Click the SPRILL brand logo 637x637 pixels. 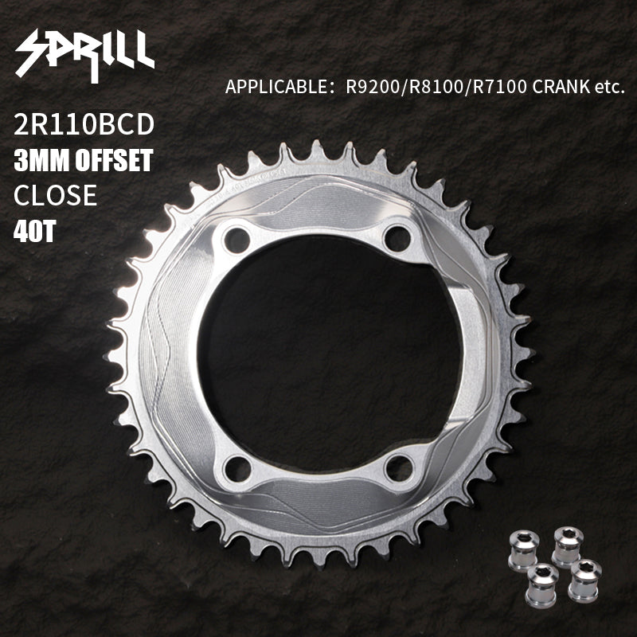point(85,55)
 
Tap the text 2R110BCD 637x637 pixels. point(84,124)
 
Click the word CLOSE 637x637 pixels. point(55,195)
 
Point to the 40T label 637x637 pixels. point(34,231)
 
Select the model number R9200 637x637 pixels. point(373,87)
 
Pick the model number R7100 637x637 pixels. point(500,87)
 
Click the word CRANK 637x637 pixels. point(561,87)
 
